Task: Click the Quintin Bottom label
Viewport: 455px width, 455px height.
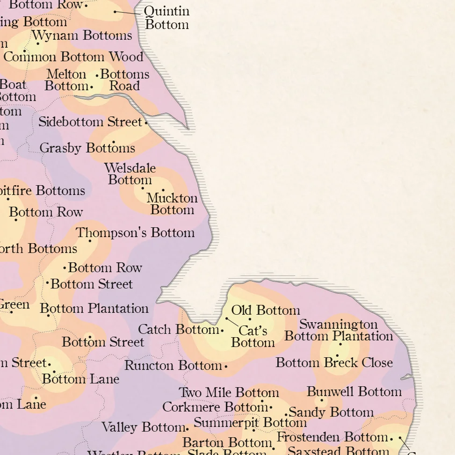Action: click(166, 18)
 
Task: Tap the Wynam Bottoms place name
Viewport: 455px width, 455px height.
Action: click(82, 36)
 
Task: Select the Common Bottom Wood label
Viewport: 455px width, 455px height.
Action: click(73, 57)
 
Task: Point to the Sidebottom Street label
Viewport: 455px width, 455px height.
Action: click(90, 122)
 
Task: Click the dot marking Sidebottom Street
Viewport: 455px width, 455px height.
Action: click(146, 123)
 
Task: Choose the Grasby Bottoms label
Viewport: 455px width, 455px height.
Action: click(87, 148)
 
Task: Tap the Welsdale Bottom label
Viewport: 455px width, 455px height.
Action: click(130, 174)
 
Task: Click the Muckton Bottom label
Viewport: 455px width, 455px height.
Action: click(172, 204)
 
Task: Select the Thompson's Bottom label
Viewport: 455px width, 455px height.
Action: click(135, 233)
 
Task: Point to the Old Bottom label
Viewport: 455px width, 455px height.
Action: click(266, 311)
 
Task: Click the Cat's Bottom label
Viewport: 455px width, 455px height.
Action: click(253, 337)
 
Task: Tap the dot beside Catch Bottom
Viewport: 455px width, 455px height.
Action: click(222, 331)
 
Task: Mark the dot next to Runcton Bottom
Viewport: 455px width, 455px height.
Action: click(226, 367)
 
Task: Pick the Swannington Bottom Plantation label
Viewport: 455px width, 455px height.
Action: click(339, 330)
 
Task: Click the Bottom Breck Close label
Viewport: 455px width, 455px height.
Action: click(334, 363)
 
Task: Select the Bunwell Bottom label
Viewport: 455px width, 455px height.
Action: click(354, 392)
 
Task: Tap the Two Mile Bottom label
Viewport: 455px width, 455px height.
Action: click(229, 393)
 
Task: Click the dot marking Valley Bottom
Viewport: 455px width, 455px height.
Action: click(187, 428)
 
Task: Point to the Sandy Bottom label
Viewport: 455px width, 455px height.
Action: click(331, 412)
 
